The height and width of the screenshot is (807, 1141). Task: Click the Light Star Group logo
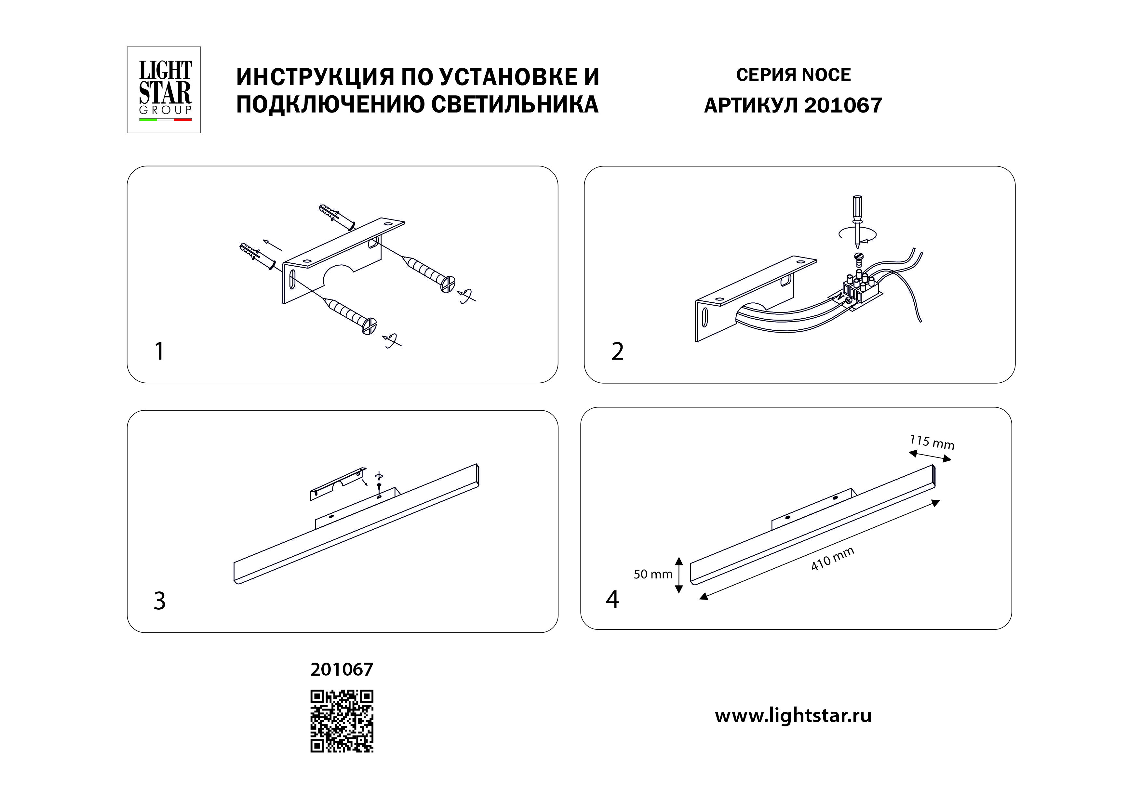click(x=164, y=90)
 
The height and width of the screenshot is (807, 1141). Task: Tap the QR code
click(x=342, y=721)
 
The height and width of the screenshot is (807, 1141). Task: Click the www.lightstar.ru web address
click(x=793, y=716)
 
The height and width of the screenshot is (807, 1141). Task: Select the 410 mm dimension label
click(x=832, y=559)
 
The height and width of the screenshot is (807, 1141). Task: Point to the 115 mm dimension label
click(x=932, y=442)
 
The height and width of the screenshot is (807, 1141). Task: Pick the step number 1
click(x=159, y=351)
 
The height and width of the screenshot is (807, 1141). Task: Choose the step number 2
click(x=617, y=351)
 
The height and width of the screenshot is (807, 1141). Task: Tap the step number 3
click(x=159, y=601)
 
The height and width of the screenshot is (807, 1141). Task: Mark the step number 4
click(x=612, y=599)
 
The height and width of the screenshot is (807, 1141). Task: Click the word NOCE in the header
click(x=826, y=75)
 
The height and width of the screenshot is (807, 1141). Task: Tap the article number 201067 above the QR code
click(x=342, y=670)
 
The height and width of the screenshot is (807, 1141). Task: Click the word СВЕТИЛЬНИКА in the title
click(x=514, y=104)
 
